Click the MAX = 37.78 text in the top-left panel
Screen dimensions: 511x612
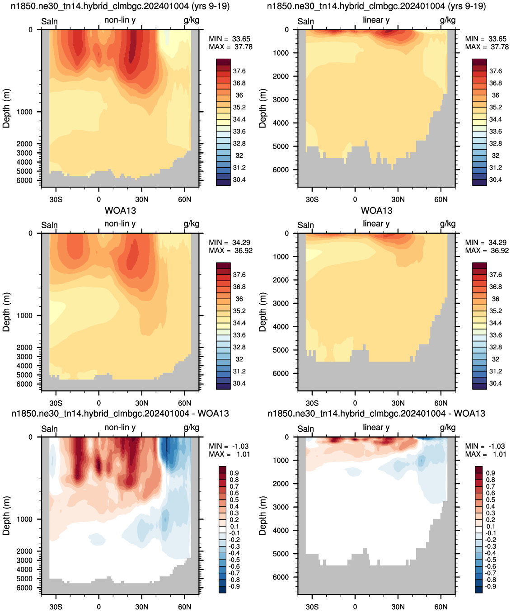[230, 47]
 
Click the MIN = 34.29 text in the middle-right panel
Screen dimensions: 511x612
[487, 242]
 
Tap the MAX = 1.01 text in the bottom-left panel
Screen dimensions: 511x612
[229, 454]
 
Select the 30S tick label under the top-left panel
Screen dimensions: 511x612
[56, 199]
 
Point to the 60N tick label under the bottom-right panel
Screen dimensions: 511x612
[441, 607]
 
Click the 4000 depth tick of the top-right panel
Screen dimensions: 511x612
[281, 123]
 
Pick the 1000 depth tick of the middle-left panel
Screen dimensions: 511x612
[24, 315]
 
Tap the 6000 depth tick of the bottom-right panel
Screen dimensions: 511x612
[281, 577]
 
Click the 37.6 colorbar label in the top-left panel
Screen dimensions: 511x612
[239, 71]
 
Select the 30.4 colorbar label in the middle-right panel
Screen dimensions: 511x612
[495, 383]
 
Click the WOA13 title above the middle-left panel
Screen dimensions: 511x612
[120, 211]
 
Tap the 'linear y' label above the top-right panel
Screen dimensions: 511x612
[376, 20]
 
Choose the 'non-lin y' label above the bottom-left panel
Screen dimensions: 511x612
[120, 427]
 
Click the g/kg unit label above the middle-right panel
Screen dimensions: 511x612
[448, 224]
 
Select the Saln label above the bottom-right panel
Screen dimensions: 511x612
[305, 429]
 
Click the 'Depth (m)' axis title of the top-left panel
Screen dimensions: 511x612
[6, 108]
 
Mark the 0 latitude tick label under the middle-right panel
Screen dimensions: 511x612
[355, 403]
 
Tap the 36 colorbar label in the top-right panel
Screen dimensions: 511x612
[495, 95]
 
